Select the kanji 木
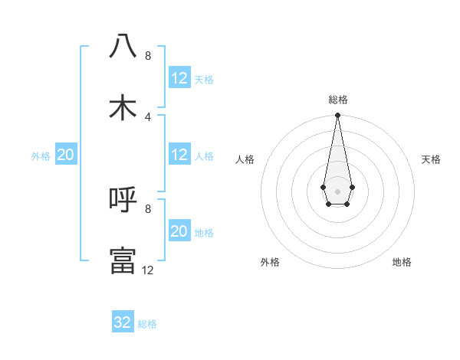click(x=123, y=107)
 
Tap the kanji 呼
click(x=123, y=200)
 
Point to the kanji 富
click(x=123, y=260)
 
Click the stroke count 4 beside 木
click(x=148, y=116)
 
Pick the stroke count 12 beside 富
click(x=148, y=270)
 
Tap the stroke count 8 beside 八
click(x=148, y=56)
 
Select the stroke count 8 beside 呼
click(x=148, y=208)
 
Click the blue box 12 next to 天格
click(x=179, y=78)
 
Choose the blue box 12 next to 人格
click(x=179, y=155)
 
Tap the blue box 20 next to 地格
click(x=179, y=231)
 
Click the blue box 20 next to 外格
click(x=66, y=155)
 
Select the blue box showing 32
click(x=123, y=322)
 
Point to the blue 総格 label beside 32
click(x=147, y=324)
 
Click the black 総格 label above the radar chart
click(x=337, y=100)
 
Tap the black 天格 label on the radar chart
click(x=432, y=159)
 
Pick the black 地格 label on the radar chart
click(x=402, y=262)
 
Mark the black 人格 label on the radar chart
click(x=245, y=159)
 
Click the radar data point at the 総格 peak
click(x=337, y=116)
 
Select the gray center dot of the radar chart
click(x=337, y=190)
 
